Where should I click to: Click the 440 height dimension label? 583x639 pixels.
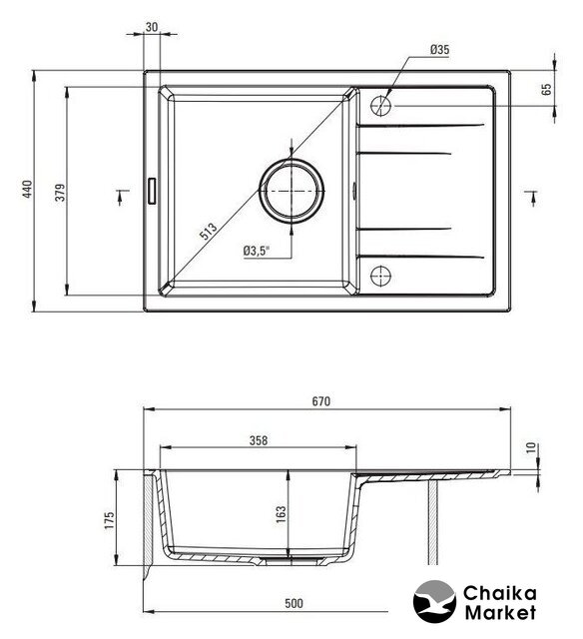coord(27,189)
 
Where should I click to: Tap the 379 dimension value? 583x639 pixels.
coord(60,193)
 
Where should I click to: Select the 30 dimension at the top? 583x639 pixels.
coord(151,27)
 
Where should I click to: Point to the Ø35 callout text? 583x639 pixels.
coord(439,50)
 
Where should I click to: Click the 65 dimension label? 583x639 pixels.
coord(547,89)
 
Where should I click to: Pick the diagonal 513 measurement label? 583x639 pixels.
coord(209,232)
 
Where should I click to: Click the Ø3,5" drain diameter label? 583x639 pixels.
coord(257,251)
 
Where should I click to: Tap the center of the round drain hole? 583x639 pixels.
coord(291,191)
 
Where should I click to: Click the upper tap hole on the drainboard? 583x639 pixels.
coord(381,106)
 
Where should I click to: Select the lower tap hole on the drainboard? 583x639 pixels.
coord(381,276)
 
